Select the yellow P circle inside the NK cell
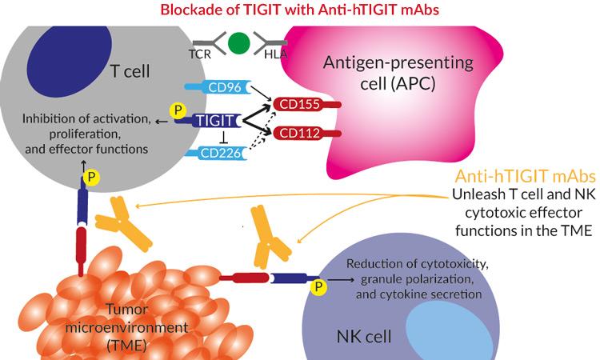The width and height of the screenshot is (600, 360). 320,285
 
